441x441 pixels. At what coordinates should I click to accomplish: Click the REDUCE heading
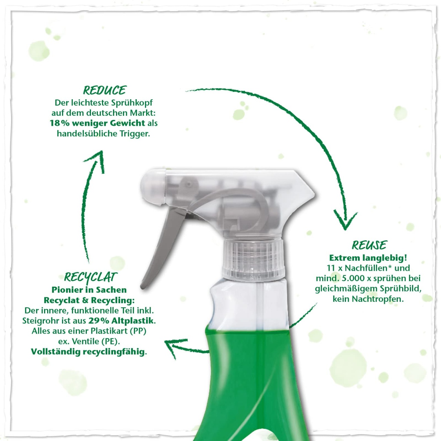click(x=105, y=90)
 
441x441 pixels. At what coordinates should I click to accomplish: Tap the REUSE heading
click(x=369, y=245)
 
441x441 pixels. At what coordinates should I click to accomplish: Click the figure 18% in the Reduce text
click(x=60, y=123)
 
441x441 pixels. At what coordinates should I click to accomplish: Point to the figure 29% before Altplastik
click(x=99, y=321)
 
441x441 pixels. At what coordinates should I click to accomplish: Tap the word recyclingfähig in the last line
click(x=114, y=352)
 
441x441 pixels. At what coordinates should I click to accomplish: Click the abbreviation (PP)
click(x=138, y=331)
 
